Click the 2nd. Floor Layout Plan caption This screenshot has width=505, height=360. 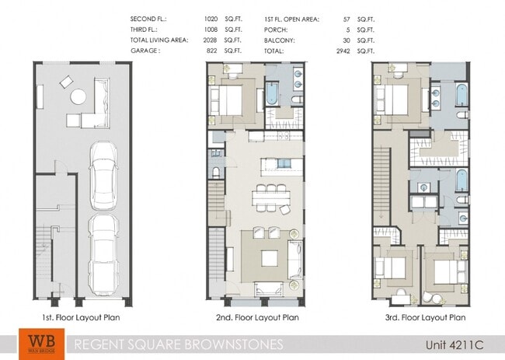256,317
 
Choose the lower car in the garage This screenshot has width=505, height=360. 103,250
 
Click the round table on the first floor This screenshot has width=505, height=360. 79,97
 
